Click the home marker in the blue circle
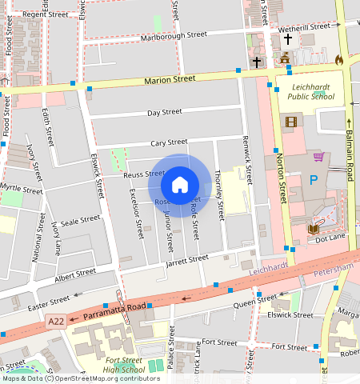[180, 185]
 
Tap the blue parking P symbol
[314, 181]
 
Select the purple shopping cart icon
[319, 157]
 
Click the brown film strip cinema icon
[290, 122]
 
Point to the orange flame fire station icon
[338, 59]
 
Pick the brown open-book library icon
[314, 230]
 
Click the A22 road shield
[55, 321]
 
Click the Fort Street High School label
[123, 365]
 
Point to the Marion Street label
[170, 80]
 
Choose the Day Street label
[165, 113]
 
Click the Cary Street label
[169, 142]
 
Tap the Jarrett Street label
[186, 259]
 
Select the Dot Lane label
[330, 239]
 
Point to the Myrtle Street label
[21, 190]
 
